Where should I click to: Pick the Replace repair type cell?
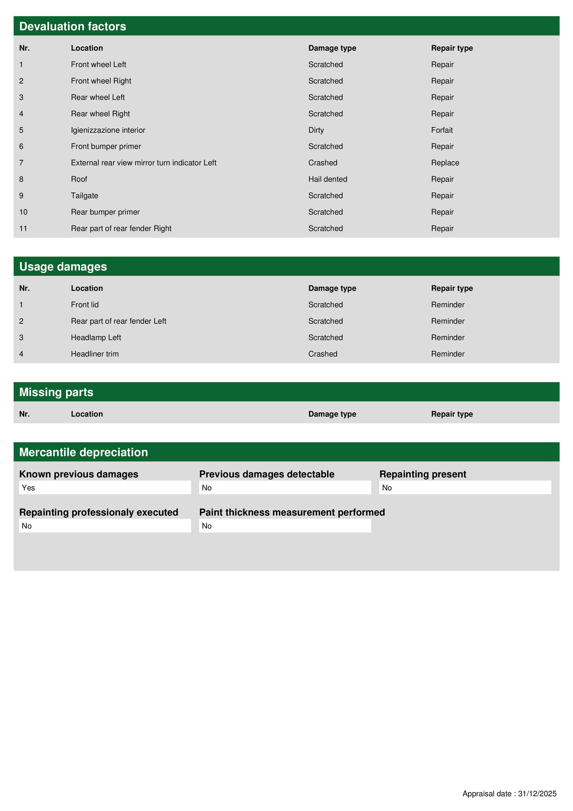click(445, 163)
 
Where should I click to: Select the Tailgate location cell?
click(84, 196)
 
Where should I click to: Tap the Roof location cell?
click(79, 179)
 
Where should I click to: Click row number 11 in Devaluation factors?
click(23, 229)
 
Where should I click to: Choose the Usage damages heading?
click(63, 267)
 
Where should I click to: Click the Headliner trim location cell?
click(95, 354)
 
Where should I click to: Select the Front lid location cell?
click(85, 305)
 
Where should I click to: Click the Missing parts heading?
click(56, 392)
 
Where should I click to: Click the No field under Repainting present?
click(465, 488)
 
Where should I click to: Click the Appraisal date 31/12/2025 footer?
click(509, 794)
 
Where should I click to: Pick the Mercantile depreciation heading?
click(83, 452)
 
